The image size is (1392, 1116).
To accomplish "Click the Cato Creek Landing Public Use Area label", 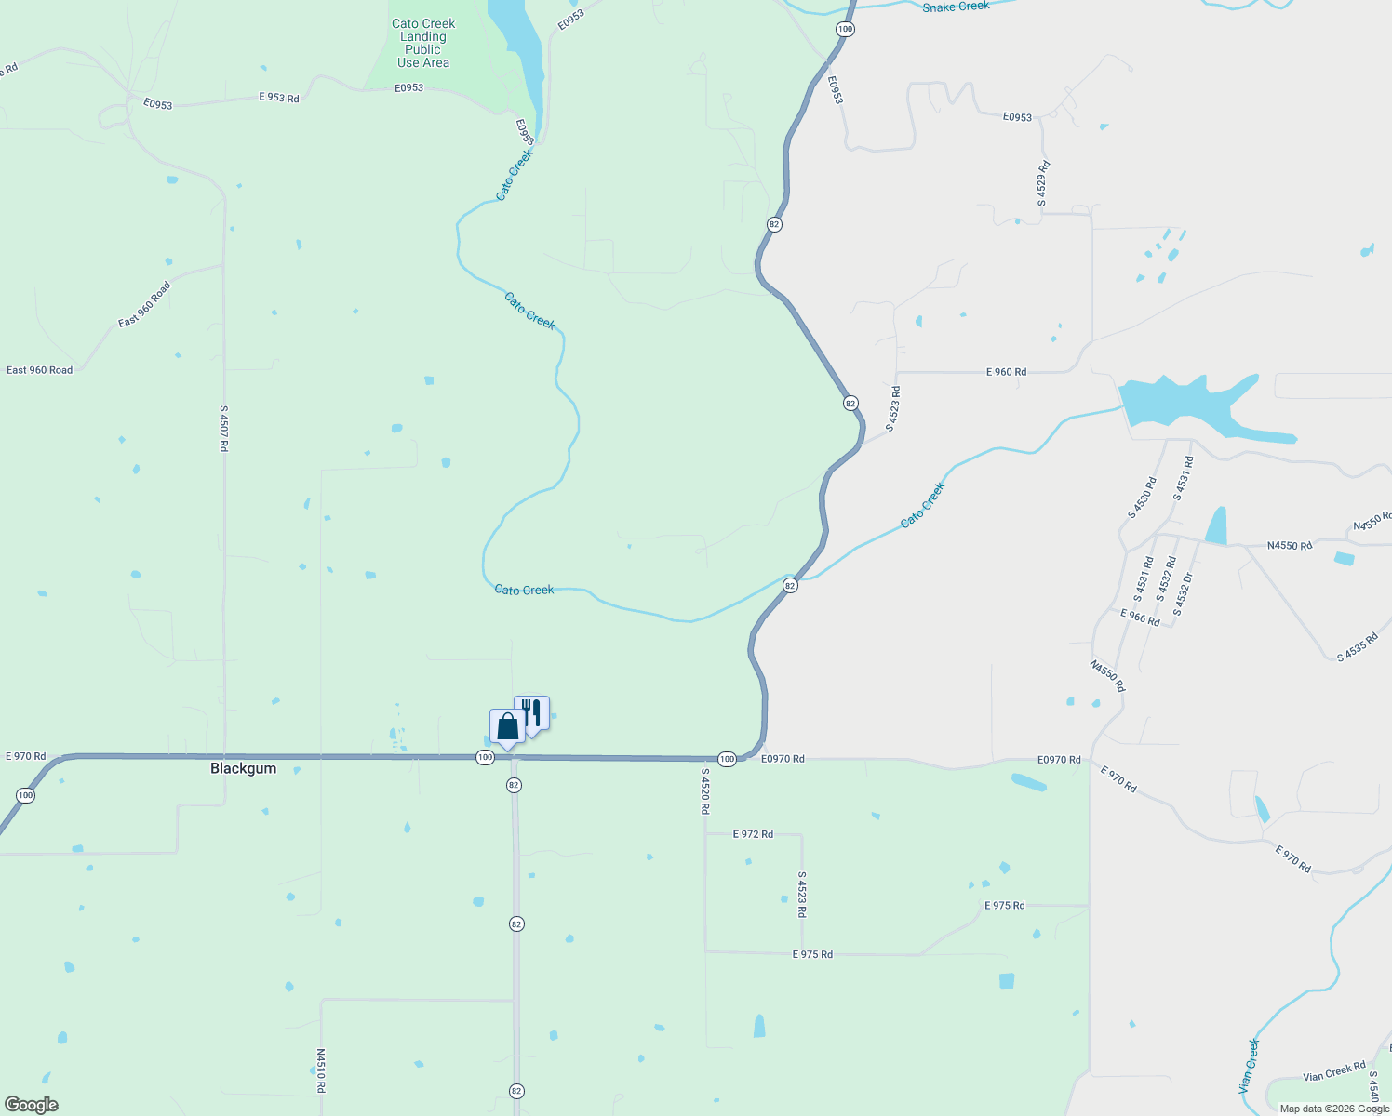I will point(423,44).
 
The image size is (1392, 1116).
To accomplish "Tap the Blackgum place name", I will point(243,768).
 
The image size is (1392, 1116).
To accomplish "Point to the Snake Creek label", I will point(956,7).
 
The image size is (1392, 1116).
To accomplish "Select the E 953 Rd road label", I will point(279,98).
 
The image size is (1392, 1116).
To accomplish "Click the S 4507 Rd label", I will point(223,429).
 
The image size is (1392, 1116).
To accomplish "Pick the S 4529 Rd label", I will point(1043,183).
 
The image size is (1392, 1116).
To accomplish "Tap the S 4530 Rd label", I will point(1142,498).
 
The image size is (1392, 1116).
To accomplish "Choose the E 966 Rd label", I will point(1140,618).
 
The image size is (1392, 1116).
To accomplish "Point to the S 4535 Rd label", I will point(1357,647).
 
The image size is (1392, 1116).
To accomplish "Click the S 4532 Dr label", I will point(1183,594).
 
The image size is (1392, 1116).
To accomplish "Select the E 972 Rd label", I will point(753,834).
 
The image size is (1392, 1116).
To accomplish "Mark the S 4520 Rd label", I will point(705,791).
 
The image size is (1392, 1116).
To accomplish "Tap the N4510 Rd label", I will point(321,1071).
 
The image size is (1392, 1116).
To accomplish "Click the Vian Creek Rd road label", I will point(1334,1071).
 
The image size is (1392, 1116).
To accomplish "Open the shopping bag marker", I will point(507,726).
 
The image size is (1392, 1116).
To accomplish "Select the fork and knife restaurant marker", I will point(531,713).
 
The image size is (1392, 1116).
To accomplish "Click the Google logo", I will point(31,1105).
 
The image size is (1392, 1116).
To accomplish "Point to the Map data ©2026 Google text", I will point(1333,1109).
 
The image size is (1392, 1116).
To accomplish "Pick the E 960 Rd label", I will point(1006,372).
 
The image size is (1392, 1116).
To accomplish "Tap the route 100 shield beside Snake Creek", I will point(844,29).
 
